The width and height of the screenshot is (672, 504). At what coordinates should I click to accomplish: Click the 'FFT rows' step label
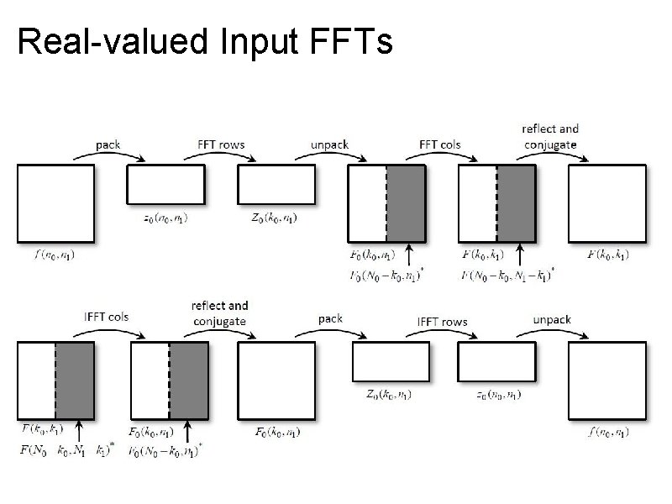tap(221, 144)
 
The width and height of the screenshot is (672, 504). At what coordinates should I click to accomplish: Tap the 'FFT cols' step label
tap(439, 144)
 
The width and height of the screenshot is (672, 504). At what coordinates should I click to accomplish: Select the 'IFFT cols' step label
tap(107, 318)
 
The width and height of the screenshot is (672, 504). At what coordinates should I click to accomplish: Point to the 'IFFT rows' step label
tap(443, 322)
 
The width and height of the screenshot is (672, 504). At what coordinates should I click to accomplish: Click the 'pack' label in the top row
tap(108, 144)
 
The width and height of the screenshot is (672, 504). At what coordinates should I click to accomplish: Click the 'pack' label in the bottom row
tap(330, 319)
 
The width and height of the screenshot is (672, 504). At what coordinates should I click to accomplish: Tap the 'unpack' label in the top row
tap(329, 144)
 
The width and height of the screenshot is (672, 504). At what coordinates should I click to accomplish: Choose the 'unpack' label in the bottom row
tap(552, 319)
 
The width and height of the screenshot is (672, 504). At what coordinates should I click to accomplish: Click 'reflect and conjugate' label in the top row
tap(550, 136)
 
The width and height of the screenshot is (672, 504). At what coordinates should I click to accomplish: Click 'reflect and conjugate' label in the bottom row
tap(219, 313)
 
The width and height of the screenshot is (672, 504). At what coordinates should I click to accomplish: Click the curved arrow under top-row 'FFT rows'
tap(222, 157)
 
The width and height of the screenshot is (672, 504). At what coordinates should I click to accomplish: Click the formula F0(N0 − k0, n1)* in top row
tap(387, 274)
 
